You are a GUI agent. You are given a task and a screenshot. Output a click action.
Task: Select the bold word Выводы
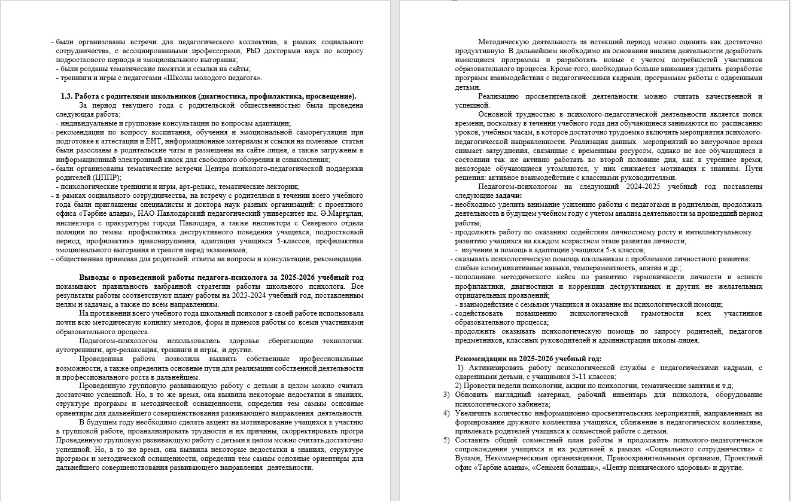click(x=95, y=277)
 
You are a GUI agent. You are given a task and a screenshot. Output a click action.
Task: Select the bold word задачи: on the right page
click(x=509, y=195)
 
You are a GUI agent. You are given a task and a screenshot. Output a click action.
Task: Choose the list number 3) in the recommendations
click(x=446, y=395)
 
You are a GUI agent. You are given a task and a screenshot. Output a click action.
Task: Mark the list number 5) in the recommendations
click(x=446, y=440)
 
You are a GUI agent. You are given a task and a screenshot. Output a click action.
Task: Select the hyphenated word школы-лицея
click(x=677, y=341)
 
